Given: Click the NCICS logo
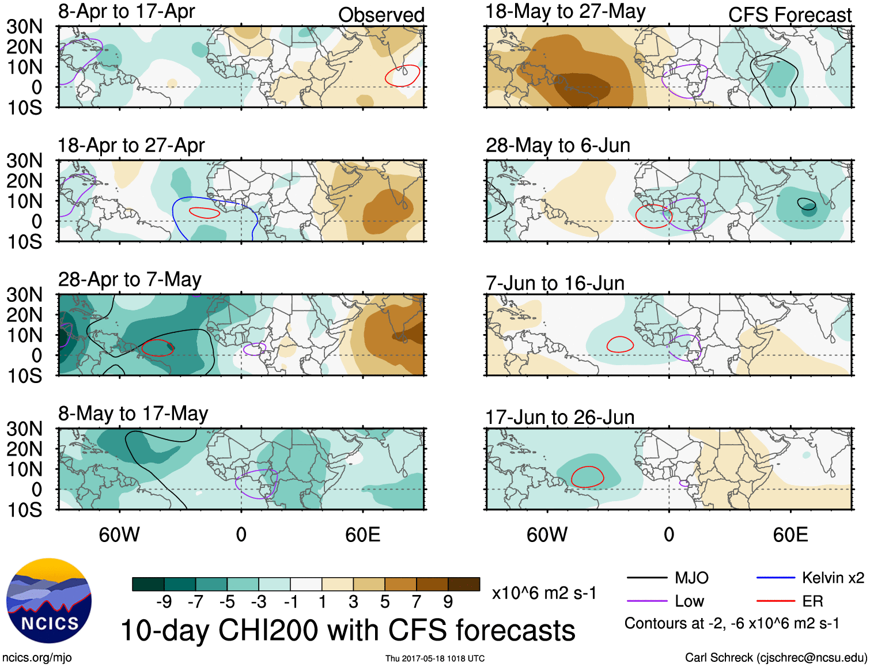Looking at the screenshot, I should [49, 600].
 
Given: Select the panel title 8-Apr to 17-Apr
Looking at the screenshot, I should [126, 12].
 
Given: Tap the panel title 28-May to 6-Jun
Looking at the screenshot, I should [558, 145].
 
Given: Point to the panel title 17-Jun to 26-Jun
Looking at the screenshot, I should [559, 417].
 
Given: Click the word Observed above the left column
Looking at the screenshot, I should [381, 15].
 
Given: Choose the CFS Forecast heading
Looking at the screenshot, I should [789, 15].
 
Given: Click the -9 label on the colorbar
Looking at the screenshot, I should [164, 602].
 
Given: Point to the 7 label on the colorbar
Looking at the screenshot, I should [416, 602].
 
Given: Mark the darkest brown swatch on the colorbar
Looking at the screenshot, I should [464, 584].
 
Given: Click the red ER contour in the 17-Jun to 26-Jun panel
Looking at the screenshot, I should [587, 467].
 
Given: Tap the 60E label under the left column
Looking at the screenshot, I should [362, 535].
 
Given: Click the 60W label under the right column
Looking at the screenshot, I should [547, 535].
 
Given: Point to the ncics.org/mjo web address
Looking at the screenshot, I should [37, 657].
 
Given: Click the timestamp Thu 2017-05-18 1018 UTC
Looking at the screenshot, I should [435, 658].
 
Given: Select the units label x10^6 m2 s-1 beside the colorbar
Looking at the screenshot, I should [544, 593].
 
